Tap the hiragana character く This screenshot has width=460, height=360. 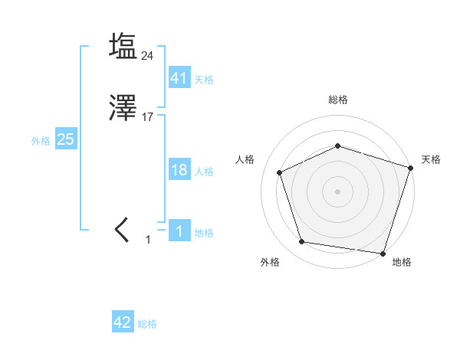[122, 231]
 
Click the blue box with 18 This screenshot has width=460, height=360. [179, 170]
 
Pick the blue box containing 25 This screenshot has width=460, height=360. [66, 139]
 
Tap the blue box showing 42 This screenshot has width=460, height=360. [123, 322]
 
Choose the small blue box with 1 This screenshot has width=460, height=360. [179, 231]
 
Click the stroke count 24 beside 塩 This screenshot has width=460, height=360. [148, 55]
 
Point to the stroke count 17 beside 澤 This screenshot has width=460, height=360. [148, 117]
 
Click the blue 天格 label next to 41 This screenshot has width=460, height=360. [204, 80]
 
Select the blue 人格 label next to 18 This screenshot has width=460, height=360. [204, 172]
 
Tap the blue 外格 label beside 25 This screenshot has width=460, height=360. [41, 141]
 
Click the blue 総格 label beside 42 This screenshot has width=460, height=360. [147, 325]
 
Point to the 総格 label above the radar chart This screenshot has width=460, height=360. [338, 100]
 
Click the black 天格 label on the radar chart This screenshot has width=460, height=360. [431, 159]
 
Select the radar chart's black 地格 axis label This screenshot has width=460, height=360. [402, 262]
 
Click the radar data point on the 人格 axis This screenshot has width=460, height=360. [281, 172]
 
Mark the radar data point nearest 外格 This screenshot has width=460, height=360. [302, 242]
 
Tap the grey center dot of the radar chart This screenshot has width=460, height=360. [338, 191]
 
